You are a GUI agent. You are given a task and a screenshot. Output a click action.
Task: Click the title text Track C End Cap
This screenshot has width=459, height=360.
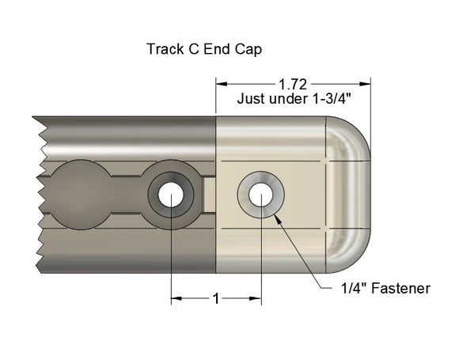[x=204, y=49]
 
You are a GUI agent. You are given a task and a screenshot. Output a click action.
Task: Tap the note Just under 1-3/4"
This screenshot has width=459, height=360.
[x=293, y=100]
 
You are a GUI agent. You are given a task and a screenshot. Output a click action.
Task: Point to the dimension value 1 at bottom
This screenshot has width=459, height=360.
[x=215, y=298]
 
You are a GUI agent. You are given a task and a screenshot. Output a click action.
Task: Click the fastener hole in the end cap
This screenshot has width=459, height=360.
[x=261, y=194]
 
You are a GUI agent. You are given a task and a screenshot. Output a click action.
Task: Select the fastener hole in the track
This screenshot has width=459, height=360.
[x=170, y=194]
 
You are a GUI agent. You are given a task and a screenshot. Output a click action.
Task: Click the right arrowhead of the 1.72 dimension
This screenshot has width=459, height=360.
[x=366, y=83]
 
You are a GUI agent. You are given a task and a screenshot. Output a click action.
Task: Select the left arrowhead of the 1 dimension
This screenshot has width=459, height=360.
[x=176, y=298]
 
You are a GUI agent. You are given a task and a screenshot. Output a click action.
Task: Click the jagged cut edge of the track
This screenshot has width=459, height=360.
[x=38, y=195]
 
